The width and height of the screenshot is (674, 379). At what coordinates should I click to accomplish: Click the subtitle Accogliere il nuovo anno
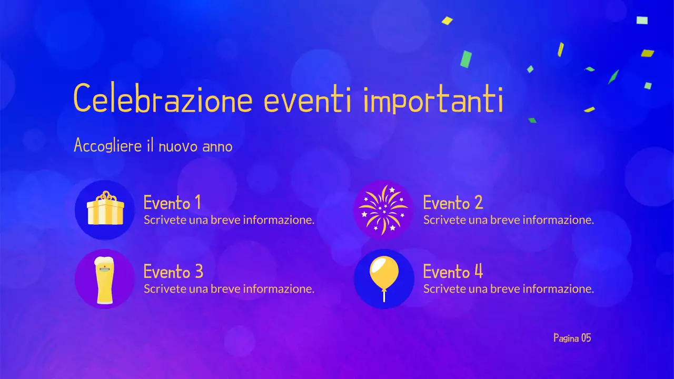coord(153,145)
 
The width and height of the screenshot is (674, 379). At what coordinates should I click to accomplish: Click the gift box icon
coord(105,210)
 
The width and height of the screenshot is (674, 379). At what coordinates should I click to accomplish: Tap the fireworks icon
coord(383,210)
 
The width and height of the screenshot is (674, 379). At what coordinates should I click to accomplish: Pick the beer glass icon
coord(105,280)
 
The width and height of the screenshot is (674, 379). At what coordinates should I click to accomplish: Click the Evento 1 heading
coord(172,202)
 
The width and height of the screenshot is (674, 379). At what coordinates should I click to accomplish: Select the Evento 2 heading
coord(453,202)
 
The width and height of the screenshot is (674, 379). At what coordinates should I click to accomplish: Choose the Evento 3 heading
coord(173,272)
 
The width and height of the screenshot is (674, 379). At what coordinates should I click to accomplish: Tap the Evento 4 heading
coord(453,272)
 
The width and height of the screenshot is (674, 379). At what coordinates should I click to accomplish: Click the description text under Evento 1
coord(229,220)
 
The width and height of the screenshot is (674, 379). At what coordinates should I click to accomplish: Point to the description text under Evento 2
coord(509,220)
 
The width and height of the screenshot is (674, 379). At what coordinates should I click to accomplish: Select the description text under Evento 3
coord(229,288)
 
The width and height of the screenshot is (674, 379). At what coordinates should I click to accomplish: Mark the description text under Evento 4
coord(509,288)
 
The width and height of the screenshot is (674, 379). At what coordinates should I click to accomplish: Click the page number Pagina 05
coord(572,338)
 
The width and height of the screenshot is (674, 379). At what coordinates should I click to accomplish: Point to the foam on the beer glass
coord(105,262)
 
